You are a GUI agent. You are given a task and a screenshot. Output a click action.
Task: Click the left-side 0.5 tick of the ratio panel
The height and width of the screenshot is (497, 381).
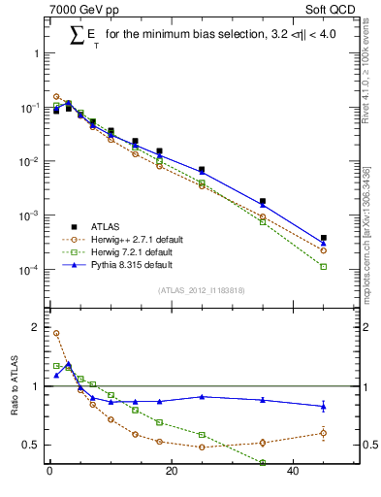pyautogui.click(x=29, y=445)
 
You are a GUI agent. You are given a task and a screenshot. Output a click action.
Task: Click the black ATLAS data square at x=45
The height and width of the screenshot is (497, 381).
pyautogui.click(x=324, y=238)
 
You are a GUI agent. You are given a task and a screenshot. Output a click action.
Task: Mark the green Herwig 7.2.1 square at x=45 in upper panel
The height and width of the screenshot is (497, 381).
pyautogui.click(x=324, y=266)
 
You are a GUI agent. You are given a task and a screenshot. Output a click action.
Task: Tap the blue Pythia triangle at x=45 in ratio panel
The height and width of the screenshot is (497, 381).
pyautogui.click(x=324, y=406)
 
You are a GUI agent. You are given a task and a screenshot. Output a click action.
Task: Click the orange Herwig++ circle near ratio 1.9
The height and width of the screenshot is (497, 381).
pyautogui.click(x=56, y=333)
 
